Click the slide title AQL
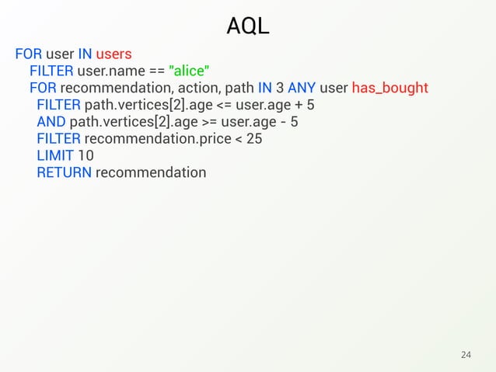coord(248,27)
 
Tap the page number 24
coord(466,355)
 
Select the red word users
coord(114,54)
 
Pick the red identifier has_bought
coord(390,88)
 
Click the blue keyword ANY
coord(301,88)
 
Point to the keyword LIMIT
coord(54,155)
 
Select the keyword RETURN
coord(64,172)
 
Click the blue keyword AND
coord(51,122)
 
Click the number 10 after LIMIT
coord(86,155)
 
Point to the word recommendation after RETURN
coord(151,172)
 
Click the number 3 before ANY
coord(279,88)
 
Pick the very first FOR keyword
coord(28,54)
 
